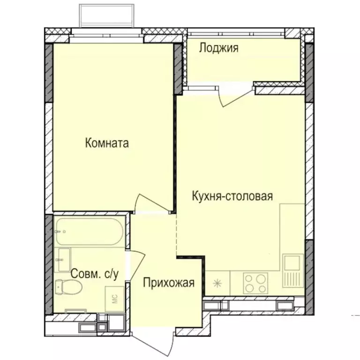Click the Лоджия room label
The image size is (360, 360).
click(x=219, y=47)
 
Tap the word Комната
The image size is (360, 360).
click(x=107, y=143)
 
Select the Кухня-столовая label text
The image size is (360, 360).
click(x=232, y=196)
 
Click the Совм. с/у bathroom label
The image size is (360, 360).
click(x=94, y=274)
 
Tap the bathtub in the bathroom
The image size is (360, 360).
click(x=89, y=231)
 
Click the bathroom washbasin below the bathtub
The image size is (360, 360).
click(x=63, y=259)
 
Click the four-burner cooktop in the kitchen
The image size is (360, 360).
click(x=256, y=283)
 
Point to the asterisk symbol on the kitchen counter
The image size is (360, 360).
click(x=217, y=283)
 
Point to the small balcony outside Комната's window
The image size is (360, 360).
click(x=108, y=16)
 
